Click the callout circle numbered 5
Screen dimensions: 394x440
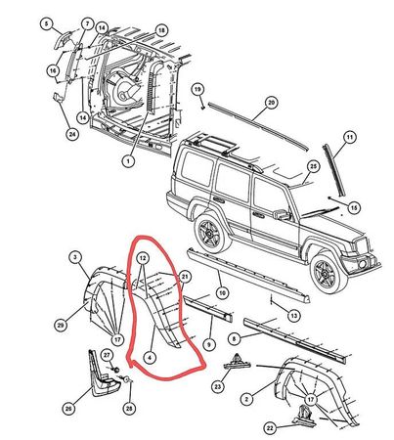coord(46,23)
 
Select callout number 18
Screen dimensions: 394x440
coord(161,31)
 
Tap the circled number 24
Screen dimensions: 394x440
coord(72,134)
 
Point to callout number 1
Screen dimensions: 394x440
coord(128,161)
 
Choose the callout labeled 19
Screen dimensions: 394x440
coord(197,89)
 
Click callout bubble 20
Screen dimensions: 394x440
coord(271,103)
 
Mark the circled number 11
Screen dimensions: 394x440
coord(349,138)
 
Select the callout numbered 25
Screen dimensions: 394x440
coord(313,167)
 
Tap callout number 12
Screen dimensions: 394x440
coord(143,258)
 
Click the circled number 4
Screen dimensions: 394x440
coord(150,358)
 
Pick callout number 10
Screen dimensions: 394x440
coord(222,293)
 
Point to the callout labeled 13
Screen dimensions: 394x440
coord(293,316)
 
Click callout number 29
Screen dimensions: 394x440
coord(61,325)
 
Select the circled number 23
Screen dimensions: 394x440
coord(218,387)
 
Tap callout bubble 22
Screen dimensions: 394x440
coord(270,428)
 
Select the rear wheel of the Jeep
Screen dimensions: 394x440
coord(212,232)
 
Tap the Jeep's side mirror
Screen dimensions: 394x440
coord(282,214)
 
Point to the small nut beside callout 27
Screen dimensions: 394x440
coord(115,370)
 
